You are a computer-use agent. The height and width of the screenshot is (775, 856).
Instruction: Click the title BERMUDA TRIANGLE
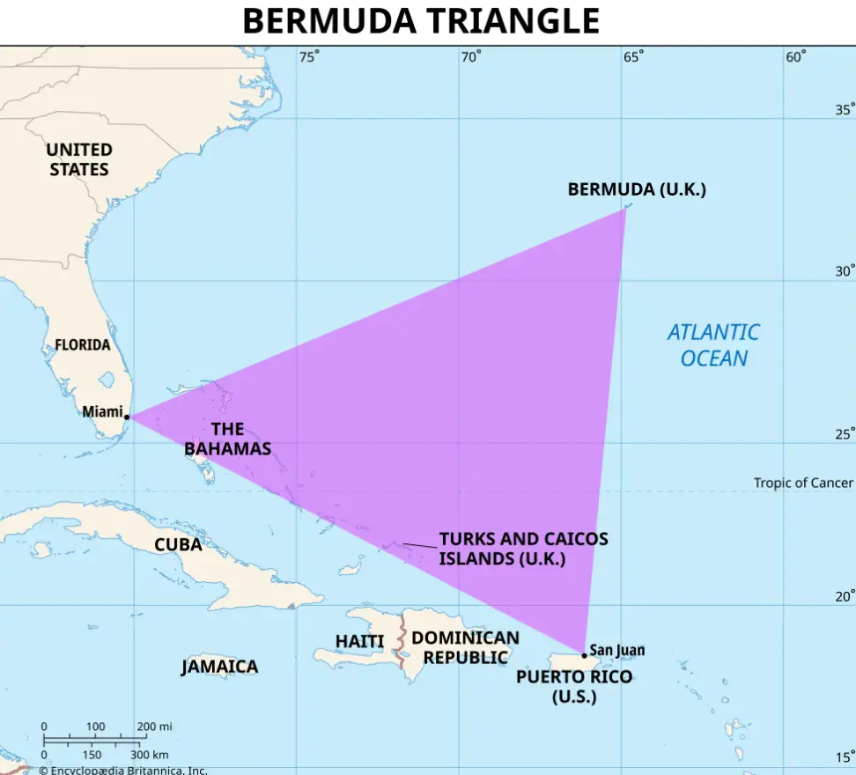click(421, 21)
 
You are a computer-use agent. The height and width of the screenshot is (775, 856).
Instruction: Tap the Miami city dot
click(128, 417)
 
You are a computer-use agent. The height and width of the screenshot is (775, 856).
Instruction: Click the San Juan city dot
click(584, 655)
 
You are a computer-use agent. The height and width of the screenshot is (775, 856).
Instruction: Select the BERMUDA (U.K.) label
click(636, 189)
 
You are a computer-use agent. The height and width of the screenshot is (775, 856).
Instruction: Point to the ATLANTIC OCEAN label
click(713, 345)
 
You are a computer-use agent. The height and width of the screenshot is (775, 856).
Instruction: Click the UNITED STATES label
click(79, 159)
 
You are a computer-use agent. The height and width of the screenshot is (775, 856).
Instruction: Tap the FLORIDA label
click(83, 344)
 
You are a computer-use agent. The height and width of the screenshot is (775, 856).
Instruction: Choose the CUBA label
click(178, 545)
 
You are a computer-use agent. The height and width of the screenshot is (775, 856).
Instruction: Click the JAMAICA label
click(219, 667)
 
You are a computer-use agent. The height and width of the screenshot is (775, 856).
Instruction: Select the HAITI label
click(359, 641)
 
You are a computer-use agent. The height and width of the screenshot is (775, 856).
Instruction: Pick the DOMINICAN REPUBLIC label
click(465, 647)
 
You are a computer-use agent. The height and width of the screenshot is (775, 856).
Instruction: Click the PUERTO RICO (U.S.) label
click(574, 686)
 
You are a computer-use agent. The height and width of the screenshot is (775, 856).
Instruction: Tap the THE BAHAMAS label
click(227, 439)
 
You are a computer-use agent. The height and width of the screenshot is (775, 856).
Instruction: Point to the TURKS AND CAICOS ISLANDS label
click(523, 548)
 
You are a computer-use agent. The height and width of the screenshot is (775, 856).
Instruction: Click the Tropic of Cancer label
click(803, 483)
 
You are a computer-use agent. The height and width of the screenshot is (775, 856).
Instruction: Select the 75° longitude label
click(308, 57)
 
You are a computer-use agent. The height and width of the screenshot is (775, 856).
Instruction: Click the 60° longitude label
click(795, 57)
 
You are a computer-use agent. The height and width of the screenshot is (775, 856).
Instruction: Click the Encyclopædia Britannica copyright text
click(122, 771)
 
